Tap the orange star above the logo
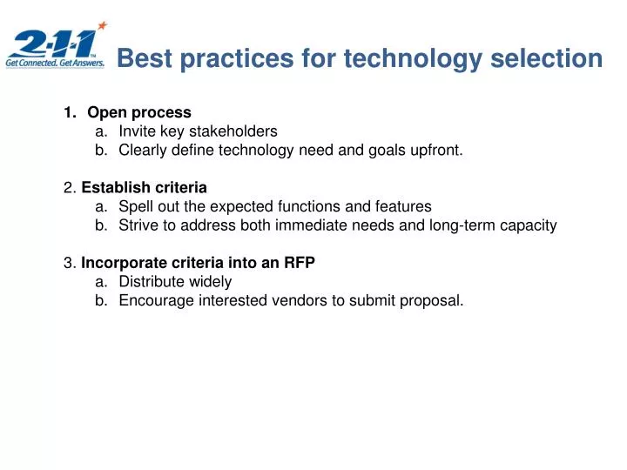[102, 26]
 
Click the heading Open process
[139, 112]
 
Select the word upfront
[433, 151]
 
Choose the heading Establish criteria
[144, 188]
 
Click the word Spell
[135, 207]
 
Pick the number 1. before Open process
[70, 112]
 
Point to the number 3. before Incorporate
[70, 264]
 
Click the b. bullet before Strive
[102, 226]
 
